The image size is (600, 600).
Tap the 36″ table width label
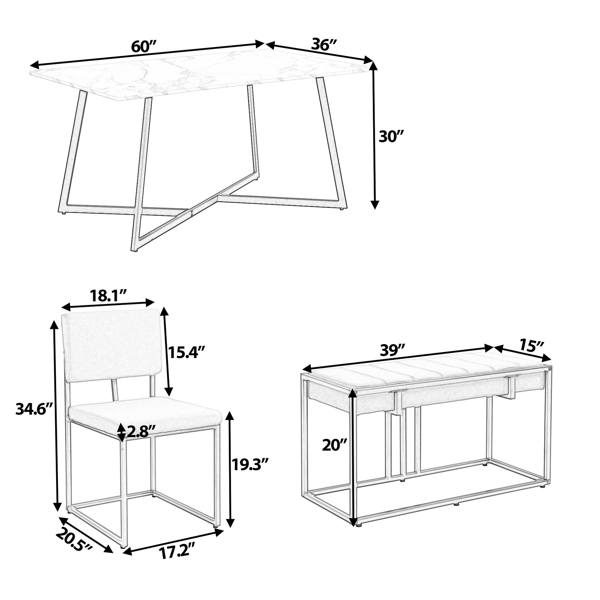point(325,45)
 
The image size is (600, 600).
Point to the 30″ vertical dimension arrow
point(375,135)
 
